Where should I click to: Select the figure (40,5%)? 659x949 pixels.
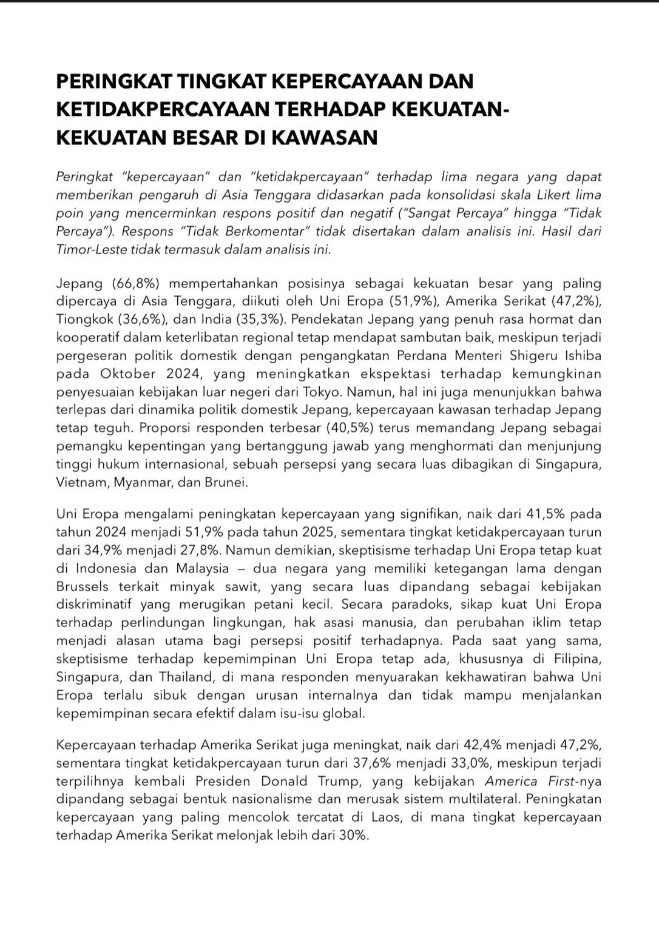tap(352, 428)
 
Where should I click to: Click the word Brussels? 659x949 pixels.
tap(83, 586)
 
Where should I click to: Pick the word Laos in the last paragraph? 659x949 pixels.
tap(385, 817)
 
